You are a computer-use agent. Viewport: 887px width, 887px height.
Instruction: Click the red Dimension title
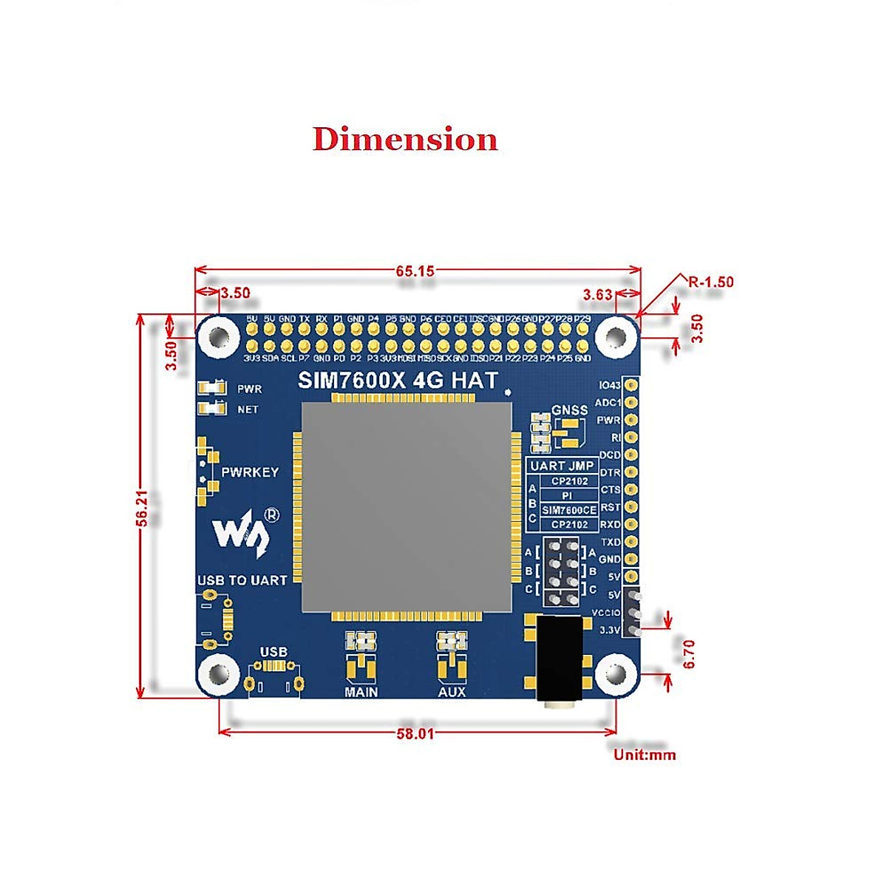405,139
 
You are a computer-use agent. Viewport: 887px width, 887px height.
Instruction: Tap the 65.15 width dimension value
415,271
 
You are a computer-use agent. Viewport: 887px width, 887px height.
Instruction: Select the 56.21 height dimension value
143,508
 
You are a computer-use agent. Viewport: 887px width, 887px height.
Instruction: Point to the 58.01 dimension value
415,733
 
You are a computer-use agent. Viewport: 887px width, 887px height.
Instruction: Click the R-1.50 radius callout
710,282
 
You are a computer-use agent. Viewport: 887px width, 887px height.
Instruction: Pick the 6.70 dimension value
689,653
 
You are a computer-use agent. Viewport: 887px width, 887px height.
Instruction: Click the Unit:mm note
645,755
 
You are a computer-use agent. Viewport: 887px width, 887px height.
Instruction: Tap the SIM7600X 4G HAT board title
398,381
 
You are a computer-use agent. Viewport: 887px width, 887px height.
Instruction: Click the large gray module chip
407,508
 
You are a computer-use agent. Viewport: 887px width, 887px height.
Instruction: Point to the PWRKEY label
250,472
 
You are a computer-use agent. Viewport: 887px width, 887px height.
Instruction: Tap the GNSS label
569,409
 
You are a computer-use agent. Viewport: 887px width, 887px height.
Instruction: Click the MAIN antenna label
361,692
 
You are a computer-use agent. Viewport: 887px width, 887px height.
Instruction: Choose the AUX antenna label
452,692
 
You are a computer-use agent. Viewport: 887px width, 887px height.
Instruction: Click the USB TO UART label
242,580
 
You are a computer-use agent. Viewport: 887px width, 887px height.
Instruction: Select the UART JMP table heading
562,466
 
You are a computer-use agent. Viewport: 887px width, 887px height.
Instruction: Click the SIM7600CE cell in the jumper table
569,510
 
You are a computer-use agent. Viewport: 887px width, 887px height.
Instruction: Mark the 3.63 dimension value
597,294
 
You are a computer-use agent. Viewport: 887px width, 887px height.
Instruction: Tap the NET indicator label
248,409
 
